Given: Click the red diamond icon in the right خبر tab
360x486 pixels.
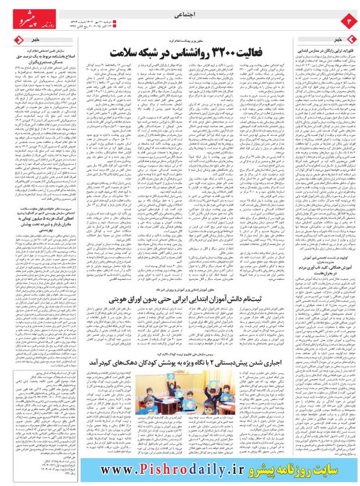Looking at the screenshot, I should (350, 38).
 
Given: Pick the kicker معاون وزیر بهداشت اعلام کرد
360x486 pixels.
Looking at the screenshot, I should (180, 41).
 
